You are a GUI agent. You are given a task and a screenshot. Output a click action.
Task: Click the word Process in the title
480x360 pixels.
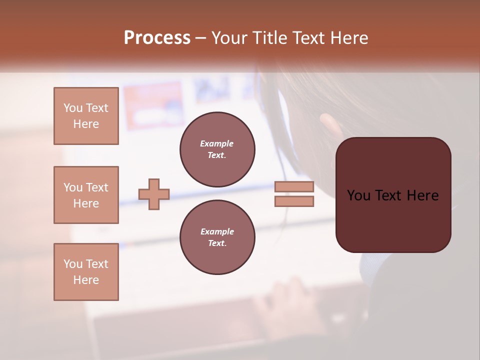(x=157, y=38)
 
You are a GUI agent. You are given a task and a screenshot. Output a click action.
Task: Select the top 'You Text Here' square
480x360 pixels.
(x=86, y=116)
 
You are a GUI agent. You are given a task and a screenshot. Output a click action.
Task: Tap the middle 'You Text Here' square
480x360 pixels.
(x=86, y=195)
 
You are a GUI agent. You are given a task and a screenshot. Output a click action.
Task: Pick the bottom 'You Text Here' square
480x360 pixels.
(x=86, y=272)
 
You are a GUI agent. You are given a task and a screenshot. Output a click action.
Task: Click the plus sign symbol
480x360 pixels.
(x=154, y=194)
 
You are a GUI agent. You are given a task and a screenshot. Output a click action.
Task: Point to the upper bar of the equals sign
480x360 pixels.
(x=294, y=186)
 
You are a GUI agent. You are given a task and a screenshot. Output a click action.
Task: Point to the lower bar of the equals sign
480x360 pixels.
(x=294, y=201)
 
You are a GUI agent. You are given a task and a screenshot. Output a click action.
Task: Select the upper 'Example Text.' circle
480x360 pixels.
(x=217, y=149)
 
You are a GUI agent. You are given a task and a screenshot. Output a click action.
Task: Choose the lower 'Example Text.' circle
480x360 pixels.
(x=217, y=237)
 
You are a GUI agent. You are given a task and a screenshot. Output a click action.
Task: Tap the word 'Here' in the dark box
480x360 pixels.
(x=422, y=195)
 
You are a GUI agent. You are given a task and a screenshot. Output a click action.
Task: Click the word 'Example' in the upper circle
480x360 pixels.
(x=217, y=144)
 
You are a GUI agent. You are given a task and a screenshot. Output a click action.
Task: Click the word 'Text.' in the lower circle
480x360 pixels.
(x=217, y=243)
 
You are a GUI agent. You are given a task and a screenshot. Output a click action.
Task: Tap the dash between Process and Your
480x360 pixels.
(x=200, y=38)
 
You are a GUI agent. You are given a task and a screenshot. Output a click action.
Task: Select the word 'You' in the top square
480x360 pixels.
(x=72, y=108)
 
